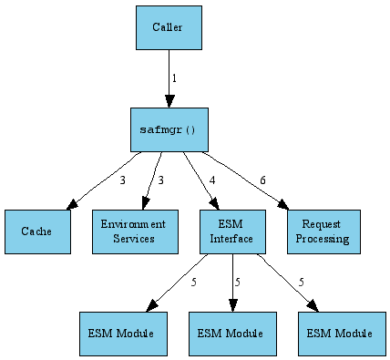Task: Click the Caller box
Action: [169, 27]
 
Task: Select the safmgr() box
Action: [169, 129]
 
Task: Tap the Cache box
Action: [37, 231]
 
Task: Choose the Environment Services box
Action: [133, 231]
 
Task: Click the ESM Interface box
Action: [232, 231]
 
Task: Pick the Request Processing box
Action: [324, 231]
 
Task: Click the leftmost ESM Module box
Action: [124, 334]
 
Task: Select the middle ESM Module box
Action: [232, 334]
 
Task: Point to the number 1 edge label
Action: [174, 78]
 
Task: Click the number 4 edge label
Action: [212, 180]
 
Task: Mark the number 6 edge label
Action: [262, 180]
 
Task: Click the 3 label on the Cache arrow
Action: [122, 180]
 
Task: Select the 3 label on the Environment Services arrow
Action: [160, 180]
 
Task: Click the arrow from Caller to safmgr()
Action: [169, 77]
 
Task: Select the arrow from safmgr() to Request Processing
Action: [246, 179]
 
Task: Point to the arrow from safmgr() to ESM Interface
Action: [200, 179]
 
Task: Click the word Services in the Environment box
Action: [133, 239]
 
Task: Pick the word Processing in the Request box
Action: [324, 239]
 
